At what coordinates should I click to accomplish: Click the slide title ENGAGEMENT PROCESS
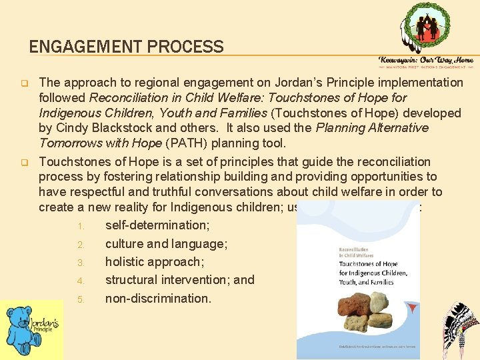(126, 47)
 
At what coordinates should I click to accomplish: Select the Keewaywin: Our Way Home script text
(426, 59)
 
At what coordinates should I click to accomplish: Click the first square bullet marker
(21, 84)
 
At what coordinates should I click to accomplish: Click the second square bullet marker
(21, 163)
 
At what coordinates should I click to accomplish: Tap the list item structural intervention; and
(179, 280)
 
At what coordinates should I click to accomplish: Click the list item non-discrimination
(158, 298)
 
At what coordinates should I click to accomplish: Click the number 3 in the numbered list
(80, 263)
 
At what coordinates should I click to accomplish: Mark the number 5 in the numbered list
(80, 299)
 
